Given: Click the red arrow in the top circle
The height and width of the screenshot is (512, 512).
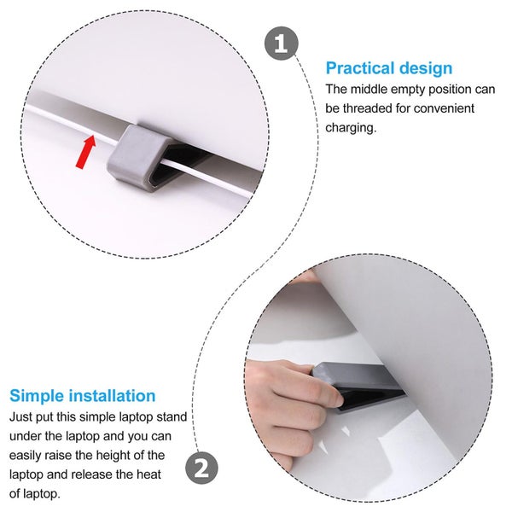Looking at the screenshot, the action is pyautogui.click(x=86, y=152).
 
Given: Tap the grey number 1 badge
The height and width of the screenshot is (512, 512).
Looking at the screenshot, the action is pyautogui.click(x=282, y=44).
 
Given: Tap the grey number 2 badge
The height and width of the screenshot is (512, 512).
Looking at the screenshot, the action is pyautogui.click(x=201, y=468).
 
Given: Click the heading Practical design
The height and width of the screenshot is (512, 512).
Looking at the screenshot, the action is pyautogui.click(x=389, y=68).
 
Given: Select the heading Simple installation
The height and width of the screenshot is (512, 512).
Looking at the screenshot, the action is pyautogui.click(x=82, y=396).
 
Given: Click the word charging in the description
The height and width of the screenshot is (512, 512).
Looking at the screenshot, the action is pyautogui.click(x=351, y=127).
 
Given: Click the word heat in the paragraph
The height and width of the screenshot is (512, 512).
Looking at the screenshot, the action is pyautogui.click(x=149, y=474).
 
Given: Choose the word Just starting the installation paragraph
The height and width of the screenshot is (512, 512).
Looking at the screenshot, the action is pyautogui.click(x=20, y=417).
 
